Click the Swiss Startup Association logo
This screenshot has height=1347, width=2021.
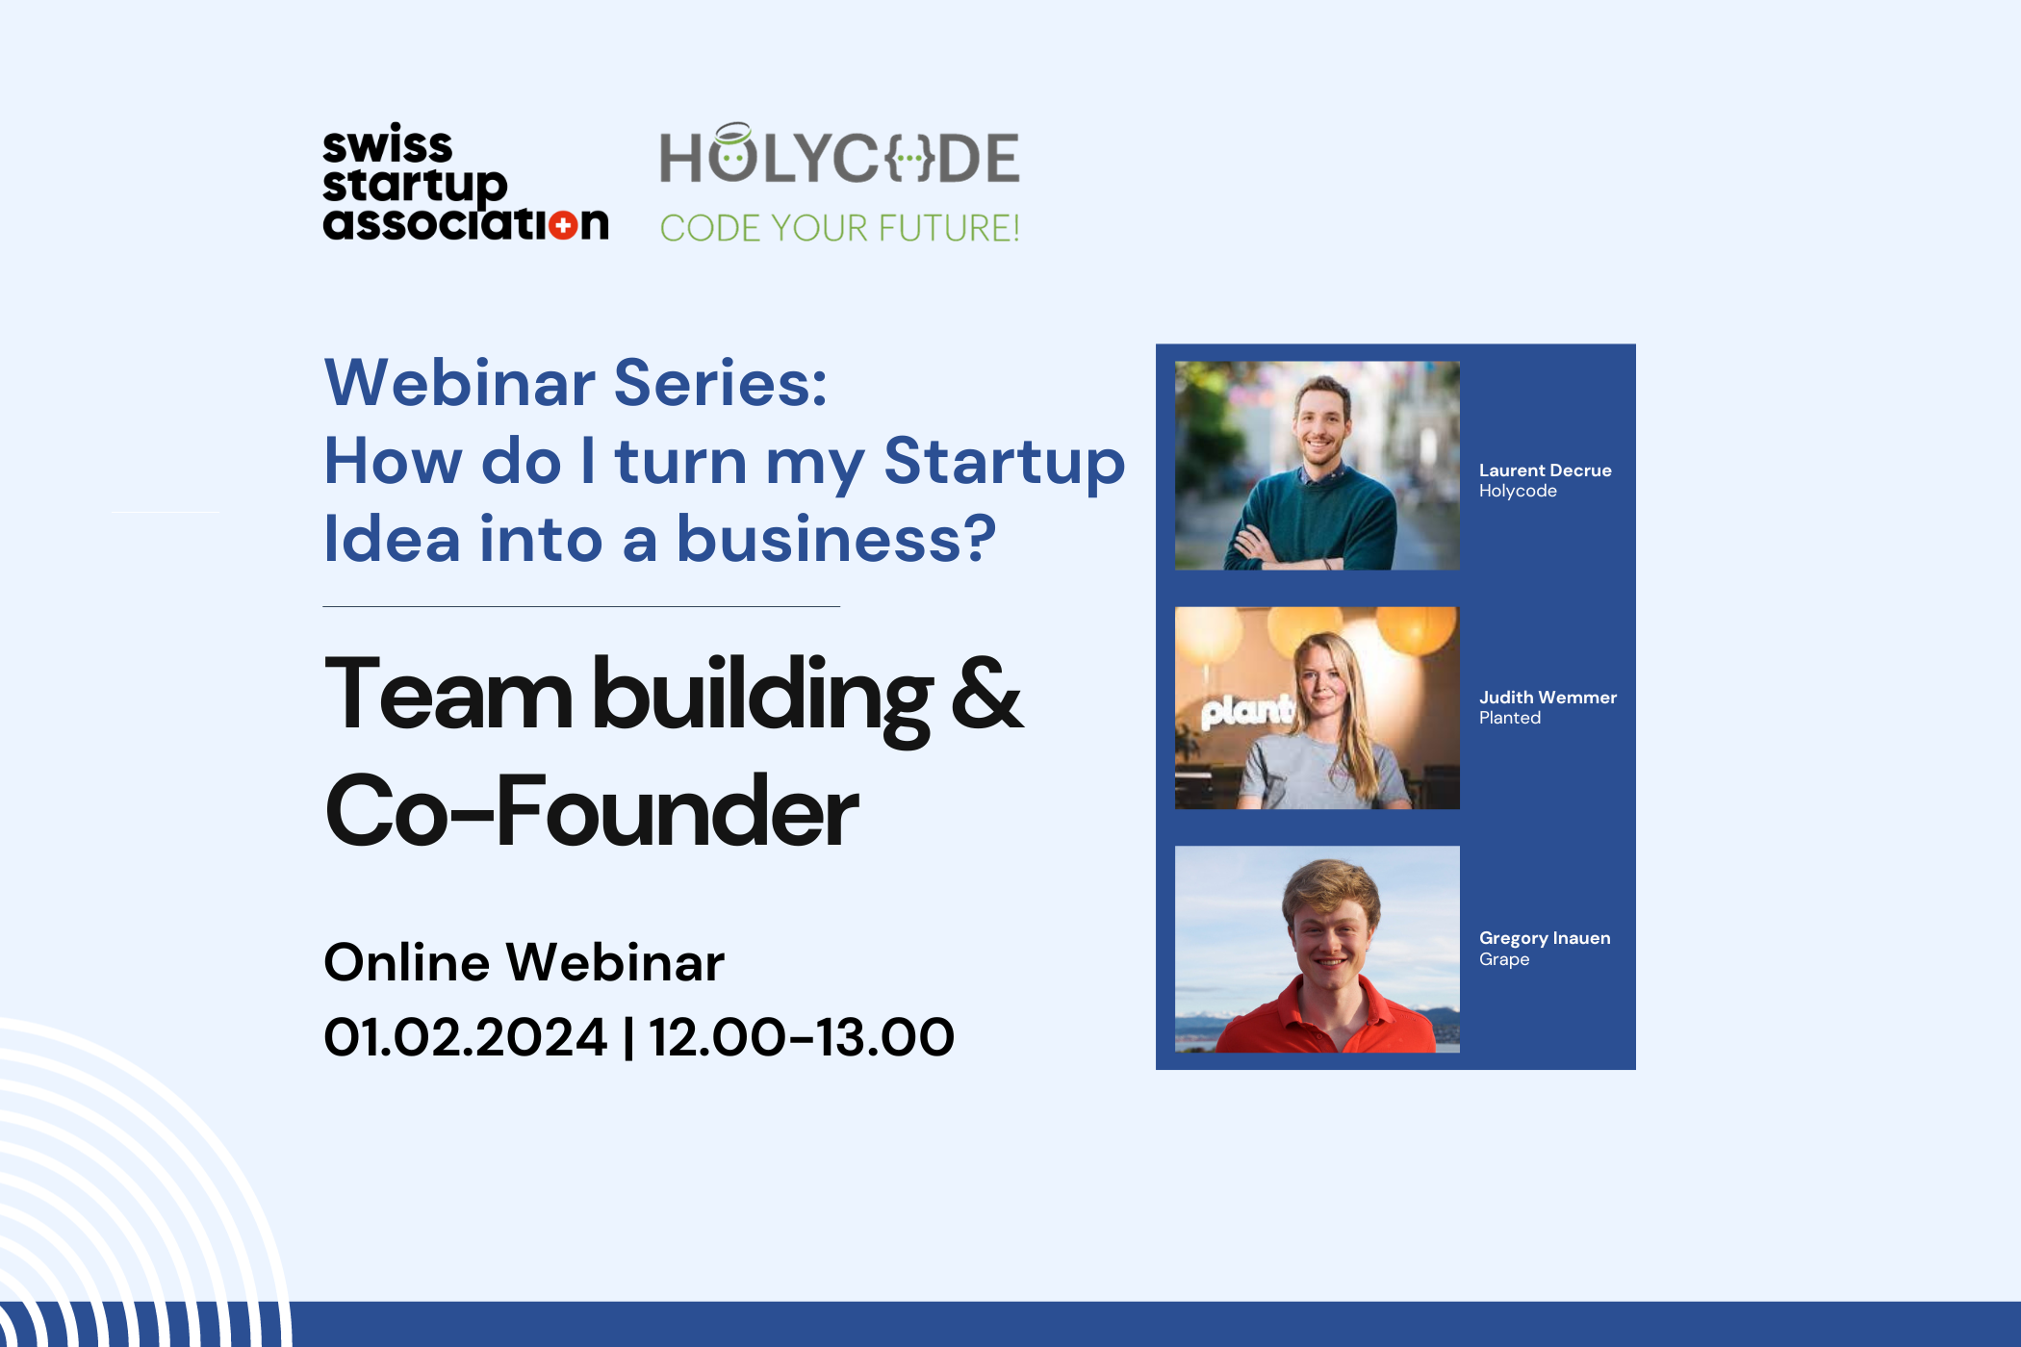(466, 183)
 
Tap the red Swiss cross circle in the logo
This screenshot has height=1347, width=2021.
(564, 225)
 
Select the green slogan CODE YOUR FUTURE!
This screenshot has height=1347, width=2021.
(839, 228)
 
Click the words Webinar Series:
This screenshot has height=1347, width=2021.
(576, 383)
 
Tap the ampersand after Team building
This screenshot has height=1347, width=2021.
(986, 693)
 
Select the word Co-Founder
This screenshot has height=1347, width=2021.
(591, 811)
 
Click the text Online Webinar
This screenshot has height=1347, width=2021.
(524, 962)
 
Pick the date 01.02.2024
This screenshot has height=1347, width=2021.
(466, 1037)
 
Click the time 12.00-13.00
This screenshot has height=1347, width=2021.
(802, 1037)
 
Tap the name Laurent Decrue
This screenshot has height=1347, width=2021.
(1545, 470)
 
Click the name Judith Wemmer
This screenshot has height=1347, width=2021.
(1548, 698)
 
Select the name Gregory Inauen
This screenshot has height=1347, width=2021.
(1545, 938)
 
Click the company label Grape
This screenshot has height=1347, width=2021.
(1504, 959)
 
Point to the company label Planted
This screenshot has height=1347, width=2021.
(1510, 718)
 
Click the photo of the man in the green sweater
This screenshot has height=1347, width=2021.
(1317, 466)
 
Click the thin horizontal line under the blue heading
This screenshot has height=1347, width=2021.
(581, 607)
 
